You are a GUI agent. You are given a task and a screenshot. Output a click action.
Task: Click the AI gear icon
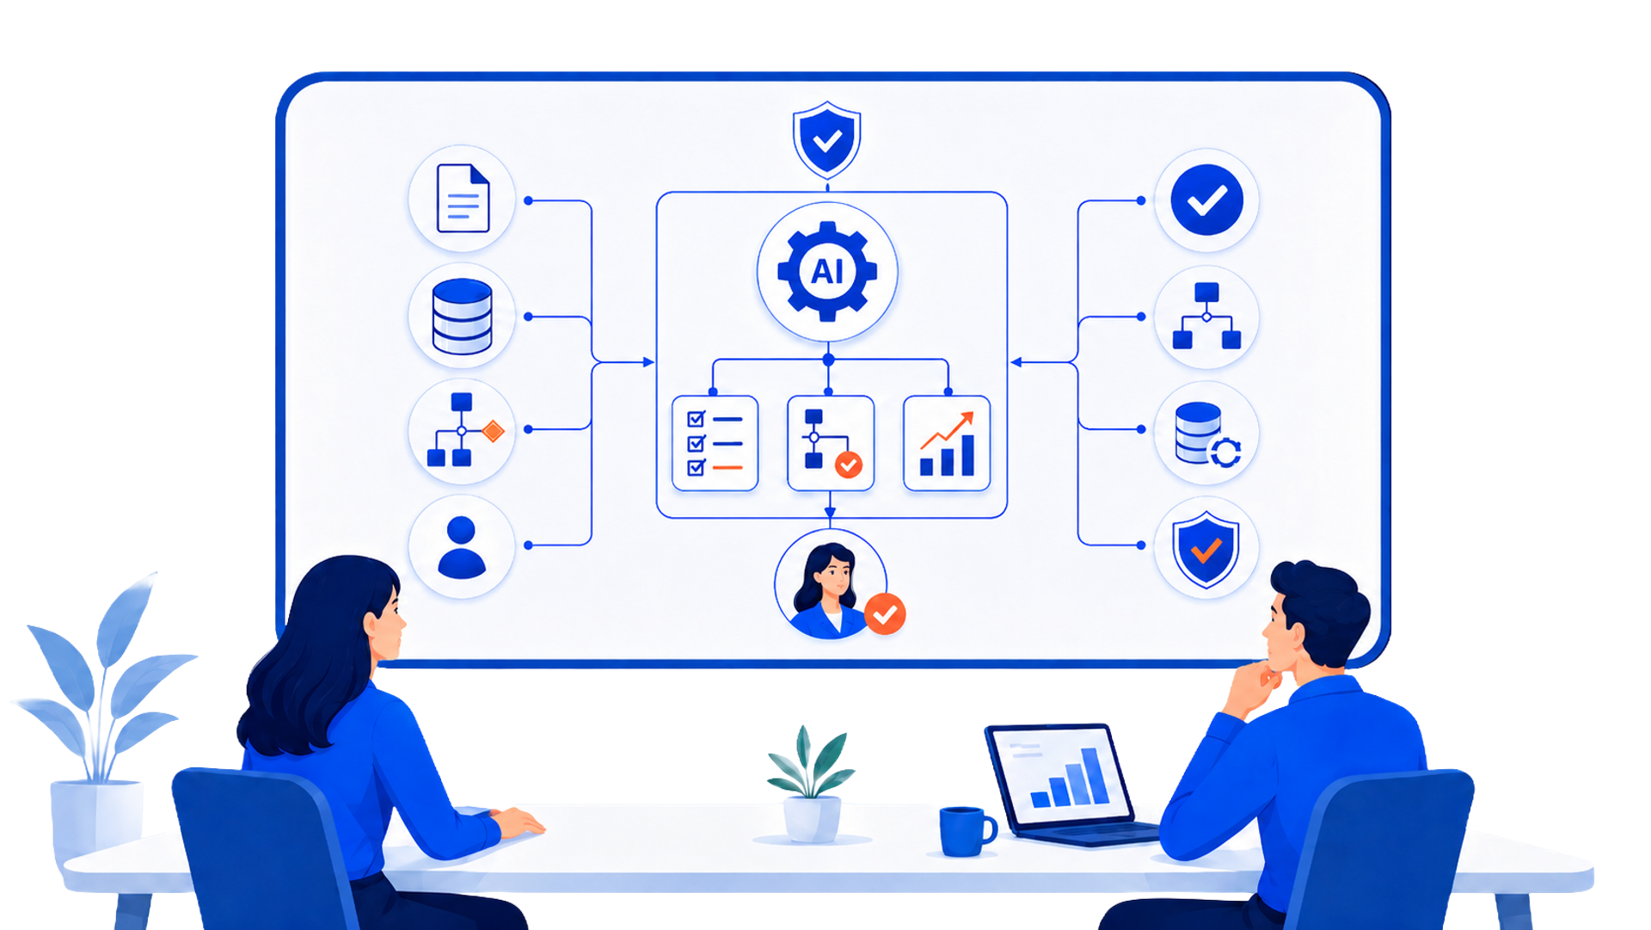tap(827, 271)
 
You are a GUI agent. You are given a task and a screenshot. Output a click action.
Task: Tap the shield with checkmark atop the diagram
tap(826, 139)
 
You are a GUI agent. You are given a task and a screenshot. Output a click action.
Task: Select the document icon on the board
tap(463, 199)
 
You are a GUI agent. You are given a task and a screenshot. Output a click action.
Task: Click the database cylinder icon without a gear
tap(463, 317)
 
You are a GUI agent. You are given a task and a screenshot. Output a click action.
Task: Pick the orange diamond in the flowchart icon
tap(493, 431)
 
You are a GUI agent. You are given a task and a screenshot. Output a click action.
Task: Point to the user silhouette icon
tap(462, 546)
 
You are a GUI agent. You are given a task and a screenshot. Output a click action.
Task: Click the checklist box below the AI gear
tap(715, 443)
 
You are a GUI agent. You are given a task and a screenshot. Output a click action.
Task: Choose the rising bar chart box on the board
tap(947, 443)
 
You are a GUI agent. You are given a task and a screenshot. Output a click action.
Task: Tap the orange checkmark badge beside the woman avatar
tap(885, 614)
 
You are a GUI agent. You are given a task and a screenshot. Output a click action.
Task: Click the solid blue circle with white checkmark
tap(1206, 200)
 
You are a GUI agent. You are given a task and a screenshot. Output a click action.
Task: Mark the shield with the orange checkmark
tap(1206, 549)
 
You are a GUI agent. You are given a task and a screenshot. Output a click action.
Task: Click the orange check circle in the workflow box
tap(849, 465)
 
